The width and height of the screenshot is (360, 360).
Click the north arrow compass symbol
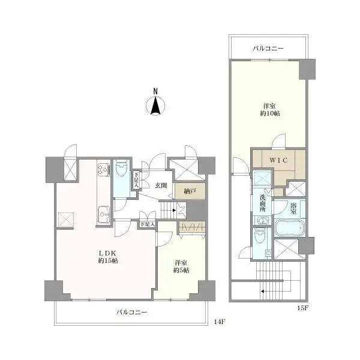pos(155,106)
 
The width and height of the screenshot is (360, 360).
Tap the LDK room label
pos(108,253)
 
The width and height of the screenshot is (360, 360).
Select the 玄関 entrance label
pos(161,185)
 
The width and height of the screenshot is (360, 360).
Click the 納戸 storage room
pos(190,191)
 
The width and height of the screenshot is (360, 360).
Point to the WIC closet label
pos(278,160)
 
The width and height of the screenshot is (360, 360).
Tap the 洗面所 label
pos(262,203)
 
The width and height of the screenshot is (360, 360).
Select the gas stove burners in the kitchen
pos(104,169)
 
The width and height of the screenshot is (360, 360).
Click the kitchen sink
pos(104,215)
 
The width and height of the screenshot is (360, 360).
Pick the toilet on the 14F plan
pos(122,168)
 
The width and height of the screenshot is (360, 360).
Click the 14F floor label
pos(220,322)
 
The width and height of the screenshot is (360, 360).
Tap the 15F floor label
pos(302,308)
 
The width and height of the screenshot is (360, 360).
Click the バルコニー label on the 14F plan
pos(132,312)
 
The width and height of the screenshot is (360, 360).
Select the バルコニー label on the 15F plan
pos(268,49)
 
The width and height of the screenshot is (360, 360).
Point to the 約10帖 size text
pos(270,113)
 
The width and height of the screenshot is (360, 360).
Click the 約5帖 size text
pos(181,270)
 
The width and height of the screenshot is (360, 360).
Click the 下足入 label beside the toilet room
pos(136,180)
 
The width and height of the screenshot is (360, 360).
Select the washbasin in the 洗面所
pos(262,221)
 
